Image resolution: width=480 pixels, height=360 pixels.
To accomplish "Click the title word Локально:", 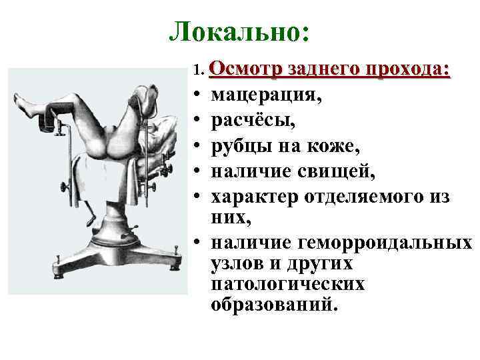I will point(239,31).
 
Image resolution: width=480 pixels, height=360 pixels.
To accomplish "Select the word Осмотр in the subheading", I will point(245,69).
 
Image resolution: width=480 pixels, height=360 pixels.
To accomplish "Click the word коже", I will point(320,148).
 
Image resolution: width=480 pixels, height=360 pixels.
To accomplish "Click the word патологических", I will point(287,285).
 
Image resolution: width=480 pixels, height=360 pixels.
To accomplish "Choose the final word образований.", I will point(275,305).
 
